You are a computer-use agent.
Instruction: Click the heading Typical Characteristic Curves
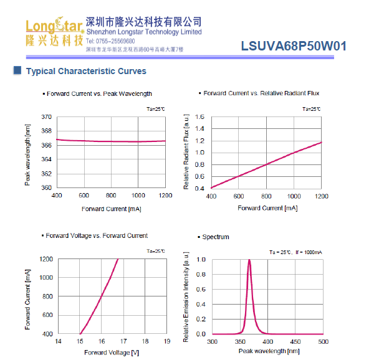coord(86,71)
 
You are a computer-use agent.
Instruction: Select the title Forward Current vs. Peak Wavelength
coord(99,94)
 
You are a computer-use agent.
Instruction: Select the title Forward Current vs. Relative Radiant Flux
coord(261,93)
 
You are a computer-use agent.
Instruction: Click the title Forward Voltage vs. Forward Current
coord(97,236)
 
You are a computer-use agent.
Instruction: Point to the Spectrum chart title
coord(216,237)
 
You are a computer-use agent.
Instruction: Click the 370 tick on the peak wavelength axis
coord(46,117)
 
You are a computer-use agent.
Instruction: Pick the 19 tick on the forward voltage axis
coord(167,341)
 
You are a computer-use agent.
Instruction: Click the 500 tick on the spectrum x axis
coord(323,341)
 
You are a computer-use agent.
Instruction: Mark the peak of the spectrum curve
coord(249,260)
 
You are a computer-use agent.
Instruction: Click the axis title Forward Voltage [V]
coord(112,352)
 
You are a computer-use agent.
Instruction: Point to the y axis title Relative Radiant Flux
coord(186,152)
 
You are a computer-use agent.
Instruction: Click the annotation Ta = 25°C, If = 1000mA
coord(295,252)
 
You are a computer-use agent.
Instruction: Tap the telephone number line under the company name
coord(111,40)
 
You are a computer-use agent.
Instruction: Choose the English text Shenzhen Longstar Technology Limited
coord(144,32)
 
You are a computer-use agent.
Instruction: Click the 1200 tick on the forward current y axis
coord(44,259)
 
